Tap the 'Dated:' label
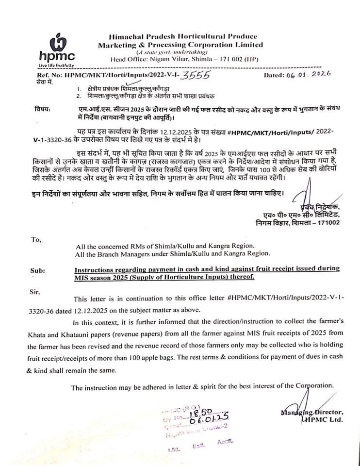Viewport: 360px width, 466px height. tap(276, 76)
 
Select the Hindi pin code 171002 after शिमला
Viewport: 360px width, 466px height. tap(328, 223)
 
